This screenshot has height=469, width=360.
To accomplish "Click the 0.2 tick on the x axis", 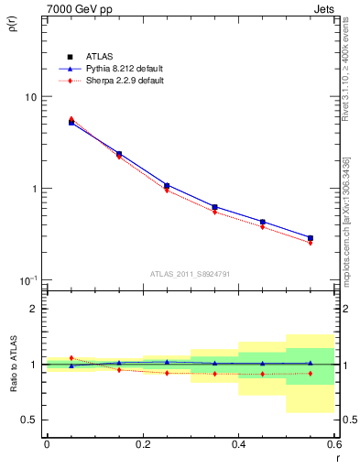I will pyautogui.click(x=142, y=444).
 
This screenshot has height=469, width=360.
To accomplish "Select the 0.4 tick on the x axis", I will pyautogui.click(x=238, y=444).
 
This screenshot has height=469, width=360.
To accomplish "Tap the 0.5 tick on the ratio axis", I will pyautogui.click(x=30, y=420).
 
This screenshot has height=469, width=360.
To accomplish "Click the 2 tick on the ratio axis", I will pyautogui.click(x=35, y=309).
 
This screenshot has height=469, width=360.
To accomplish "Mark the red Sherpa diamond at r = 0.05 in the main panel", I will pyautogui.click(x=71, y=119).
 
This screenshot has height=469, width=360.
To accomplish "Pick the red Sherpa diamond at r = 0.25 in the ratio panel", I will pyautogui.click(x=167, y=373).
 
